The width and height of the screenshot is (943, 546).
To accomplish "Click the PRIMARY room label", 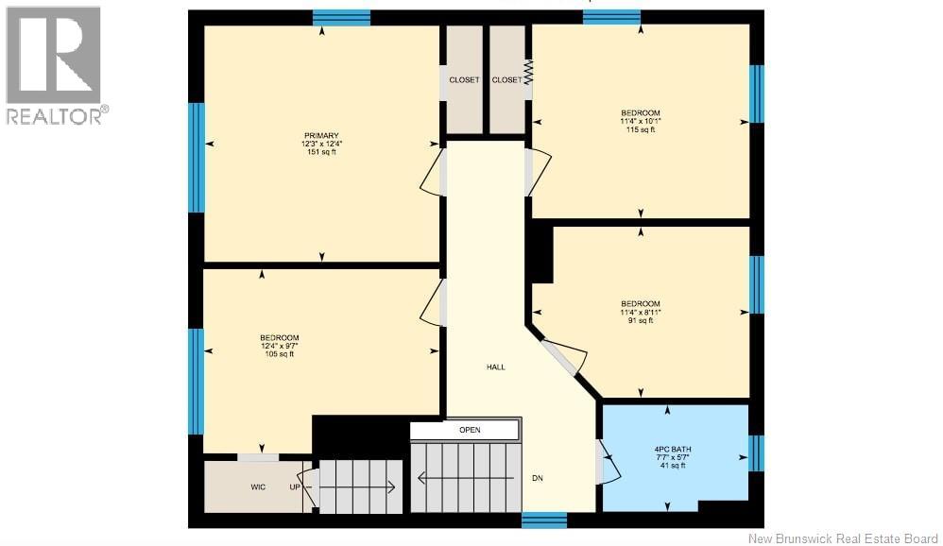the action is click(x=321, y=136).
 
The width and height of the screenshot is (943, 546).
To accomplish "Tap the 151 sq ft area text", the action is click(x=321, y=152).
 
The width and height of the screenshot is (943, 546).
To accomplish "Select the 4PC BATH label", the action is click(x=673, y=450).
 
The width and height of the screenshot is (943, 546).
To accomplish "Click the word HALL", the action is click(x=495, y=367).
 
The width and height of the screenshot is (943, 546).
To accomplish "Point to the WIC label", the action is click(x=258, y=487).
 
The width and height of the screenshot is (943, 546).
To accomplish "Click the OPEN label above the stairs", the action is click(x=470, y=430).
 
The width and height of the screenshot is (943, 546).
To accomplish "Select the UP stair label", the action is click(x=295, y=487).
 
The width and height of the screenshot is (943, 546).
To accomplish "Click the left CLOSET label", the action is click(x=464, y=80).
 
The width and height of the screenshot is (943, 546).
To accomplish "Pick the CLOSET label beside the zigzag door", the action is click(x=507, y=80).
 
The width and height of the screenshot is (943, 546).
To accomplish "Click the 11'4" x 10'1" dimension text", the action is click(x=641, y=121).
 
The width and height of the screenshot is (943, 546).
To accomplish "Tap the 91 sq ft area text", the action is click(x=641, y=320).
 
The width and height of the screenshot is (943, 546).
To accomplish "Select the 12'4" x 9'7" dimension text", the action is click(x=279, y=346).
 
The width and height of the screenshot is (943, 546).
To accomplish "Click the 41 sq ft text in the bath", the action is click(x=673, y=466).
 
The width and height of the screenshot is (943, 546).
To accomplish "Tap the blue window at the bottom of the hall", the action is click(x=543, y=520).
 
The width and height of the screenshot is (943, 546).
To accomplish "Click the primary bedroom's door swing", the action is click(x=432, y=172).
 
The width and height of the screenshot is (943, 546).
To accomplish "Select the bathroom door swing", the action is click(x=609, y=461).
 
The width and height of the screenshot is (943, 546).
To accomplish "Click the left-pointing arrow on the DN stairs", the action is click(x=466, y=478).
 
